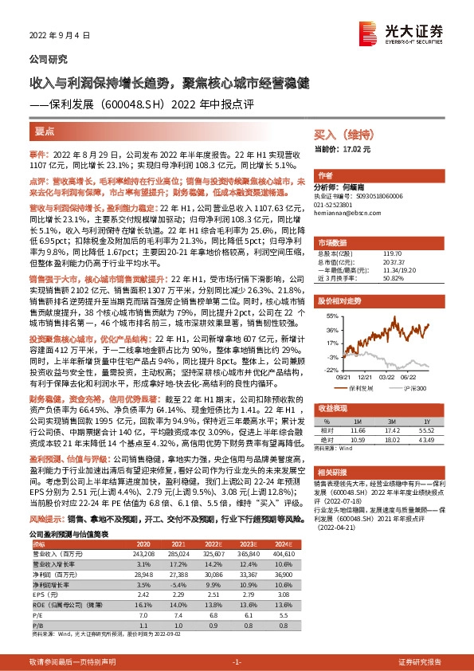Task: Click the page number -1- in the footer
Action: click(x=237, y=661)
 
